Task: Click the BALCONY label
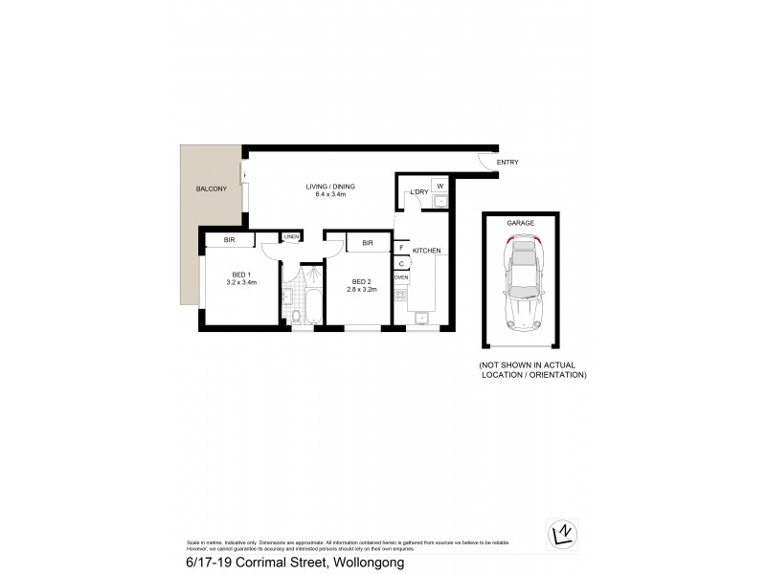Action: click(x=205, y=189)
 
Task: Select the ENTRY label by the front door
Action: click(x=507, y=163)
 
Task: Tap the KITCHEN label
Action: click(x=427, y=251)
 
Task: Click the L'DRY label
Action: click(x=418, y=192)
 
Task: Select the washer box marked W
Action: click(x=439, y=185)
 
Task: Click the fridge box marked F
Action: click(x=402, y=247)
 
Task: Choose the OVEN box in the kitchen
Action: click(x=402, y=276)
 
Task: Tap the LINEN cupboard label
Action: click(x=290, y=237)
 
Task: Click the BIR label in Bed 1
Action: click(x=229, y=239)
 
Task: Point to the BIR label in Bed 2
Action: click(x=367, y=243)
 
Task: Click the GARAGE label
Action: click(x=521, y=222)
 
